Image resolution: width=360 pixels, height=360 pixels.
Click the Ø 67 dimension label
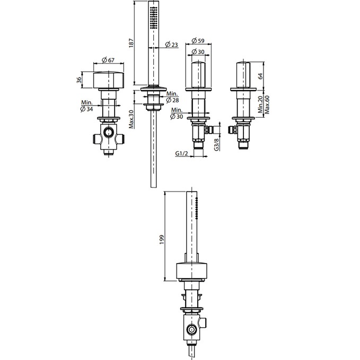(x=108, y=60)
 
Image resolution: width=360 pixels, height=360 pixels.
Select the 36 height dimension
(x=79, y=80)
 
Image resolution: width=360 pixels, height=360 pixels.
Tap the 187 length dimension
(x=131, y=43)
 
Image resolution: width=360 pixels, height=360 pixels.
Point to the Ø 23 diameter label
(x=171, y=45)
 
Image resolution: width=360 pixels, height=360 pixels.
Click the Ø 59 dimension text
(x=198, y=41)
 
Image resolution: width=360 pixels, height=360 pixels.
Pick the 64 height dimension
(x=260, y=76)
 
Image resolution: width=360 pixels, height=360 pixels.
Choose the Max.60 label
(x=267, y=104)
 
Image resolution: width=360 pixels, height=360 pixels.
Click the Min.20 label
(x=260, y=104)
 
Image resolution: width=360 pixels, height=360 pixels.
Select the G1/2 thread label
(x=182, y=153)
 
